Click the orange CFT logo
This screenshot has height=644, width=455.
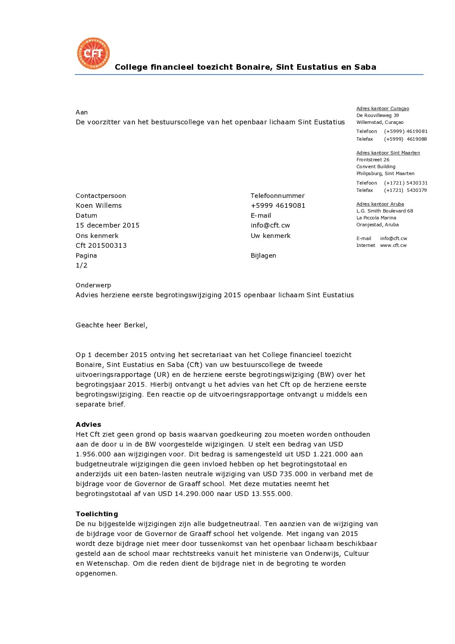click(x=93, y=53)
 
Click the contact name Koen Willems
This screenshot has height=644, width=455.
click(x=98, y=206)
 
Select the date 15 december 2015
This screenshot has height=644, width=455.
click(x=108, y=225)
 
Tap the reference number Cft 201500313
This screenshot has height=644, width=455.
click(x=101, y=246)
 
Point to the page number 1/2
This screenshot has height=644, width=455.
click(x=81, y=265)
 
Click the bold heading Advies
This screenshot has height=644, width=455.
click(x=88, y=425)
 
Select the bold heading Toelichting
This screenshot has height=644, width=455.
click(x=97, y=514)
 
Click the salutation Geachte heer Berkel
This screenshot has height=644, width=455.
click(x=111, y=325)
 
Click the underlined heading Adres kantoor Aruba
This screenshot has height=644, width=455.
click(x=380, y=204)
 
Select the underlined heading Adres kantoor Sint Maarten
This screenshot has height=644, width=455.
click(x=388, y=153)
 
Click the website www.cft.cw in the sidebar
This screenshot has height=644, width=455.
click(x=393, y=245)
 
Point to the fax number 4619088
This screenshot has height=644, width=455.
click(x=416, y=139)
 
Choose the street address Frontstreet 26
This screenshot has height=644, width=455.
click(x=372, y=160)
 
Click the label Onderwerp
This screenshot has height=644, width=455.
click(x=93, y=285)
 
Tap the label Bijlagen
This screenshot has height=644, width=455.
click(x=263, y=256)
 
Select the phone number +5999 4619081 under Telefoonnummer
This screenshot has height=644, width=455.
click(x=278, y=206)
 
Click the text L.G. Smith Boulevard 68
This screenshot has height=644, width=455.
click(x=384, y=211)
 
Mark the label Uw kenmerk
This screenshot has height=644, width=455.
click(x=271, y=236)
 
